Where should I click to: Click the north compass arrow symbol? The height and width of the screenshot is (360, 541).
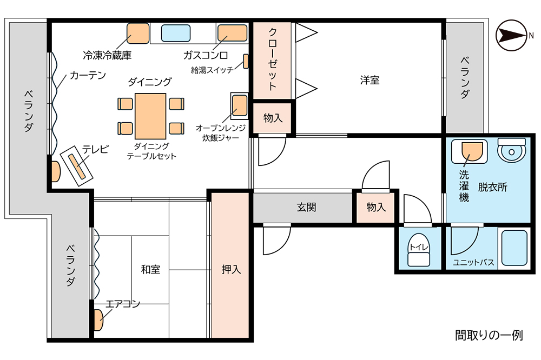pyautogui.click(x=512, y=35)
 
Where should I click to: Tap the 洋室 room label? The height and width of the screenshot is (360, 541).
pyautogui.click(x=370, y=81)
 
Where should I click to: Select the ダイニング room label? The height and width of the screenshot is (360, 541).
pyautogui.click(x=150, y=82)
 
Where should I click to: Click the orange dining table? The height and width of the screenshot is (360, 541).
pyautogui.click(x=150, y=116)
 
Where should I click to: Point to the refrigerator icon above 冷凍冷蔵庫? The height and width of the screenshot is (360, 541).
pyautogui.click(x=138, y=34)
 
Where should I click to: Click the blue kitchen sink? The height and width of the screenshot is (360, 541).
pyautogui.click(x=176, y=33)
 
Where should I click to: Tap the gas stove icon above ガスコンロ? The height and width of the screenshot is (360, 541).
pyautogui.click(x=232, y=33)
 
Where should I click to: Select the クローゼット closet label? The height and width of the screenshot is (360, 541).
pyautogui.click(x=272, y=59)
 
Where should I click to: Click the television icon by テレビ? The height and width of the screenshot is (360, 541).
pyautogui.click(x=77, y=166)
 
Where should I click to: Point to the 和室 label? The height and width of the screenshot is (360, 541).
pyautogui.click(x=150, y=269)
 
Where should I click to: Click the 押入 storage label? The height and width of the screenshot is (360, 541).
pyautogui.click(x=231, y=269)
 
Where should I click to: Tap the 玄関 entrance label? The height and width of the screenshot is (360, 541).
pyautogui.click(x=306, y=207)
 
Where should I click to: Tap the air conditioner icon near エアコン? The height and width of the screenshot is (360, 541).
pyautogui.click(x=98, y=321)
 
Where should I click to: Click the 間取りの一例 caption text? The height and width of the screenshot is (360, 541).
pyautogui.click(x=489, y=335)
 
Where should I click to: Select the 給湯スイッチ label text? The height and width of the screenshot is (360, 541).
pyautogui.click(x=212, y=70)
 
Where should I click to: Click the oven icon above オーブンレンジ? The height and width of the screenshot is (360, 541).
pyautogui.click(x=239, y=105)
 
